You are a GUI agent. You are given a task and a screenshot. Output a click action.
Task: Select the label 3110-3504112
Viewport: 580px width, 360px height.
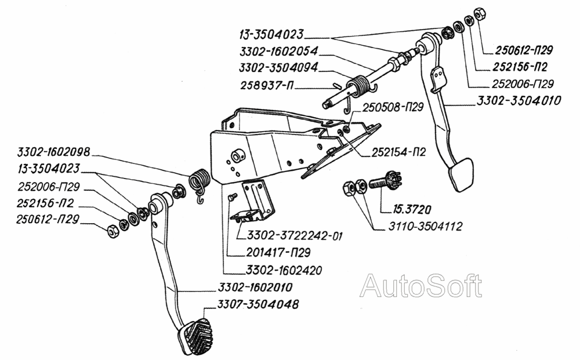coord(422,226)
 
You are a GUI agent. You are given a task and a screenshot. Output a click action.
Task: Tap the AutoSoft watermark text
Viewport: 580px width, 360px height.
coord(420,286)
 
